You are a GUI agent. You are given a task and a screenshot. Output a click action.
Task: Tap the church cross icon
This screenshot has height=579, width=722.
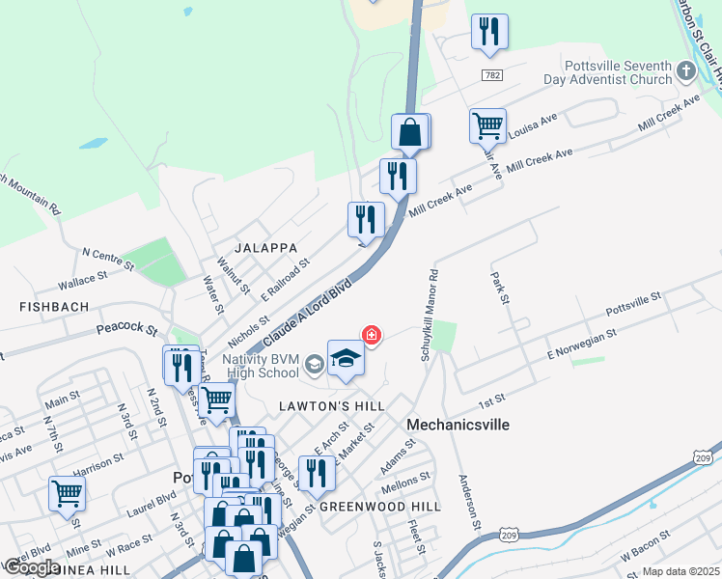pyautogui.click(x=685, y=70)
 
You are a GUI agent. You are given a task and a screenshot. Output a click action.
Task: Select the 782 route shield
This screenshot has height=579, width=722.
pyautogui.click(x=491, y=74)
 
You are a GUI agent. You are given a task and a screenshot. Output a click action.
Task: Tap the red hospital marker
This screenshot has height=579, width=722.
pyautogui.click(x=371, y=335)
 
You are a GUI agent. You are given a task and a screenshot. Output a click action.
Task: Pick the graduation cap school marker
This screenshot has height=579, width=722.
pyautogui.click(x=347, y=359)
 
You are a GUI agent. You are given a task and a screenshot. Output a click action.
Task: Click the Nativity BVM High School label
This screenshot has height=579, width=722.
pyautogui.click(x=261, y=366)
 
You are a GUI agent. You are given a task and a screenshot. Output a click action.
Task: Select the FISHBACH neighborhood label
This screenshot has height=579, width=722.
pyautogui.click(x=54, y=307)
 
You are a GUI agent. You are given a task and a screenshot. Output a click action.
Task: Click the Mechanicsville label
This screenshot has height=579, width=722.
pyautogui.click(x=458, y=425)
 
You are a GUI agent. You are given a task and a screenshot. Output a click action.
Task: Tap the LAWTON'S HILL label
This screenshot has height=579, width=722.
pyautogui.click(x=333, y=406)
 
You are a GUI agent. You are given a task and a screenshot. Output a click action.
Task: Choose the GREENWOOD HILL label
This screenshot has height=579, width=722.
pyautogui.click(x=379, y=507)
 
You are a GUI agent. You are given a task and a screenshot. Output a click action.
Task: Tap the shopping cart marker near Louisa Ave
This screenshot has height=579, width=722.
pyautogui.click(x=487, y=125)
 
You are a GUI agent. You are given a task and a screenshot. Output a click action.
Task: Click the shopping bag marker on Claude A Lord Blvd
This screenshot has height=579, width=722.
pyautogui.click(x=410, y=132)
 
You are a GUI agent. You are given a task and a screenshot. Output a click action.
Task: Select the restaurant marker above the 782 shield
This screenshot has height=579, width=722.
pyautogui.click(x=489, y=32)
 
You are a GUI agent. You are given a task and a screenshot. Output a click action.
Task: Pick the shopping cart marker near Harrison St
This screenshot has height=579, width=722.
pyautogui.click(x=67, y=493)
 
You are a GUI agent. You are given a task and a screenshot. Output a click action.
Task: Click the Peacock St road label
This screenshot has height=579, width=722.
pyautogui.click(x=126, y=330)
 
